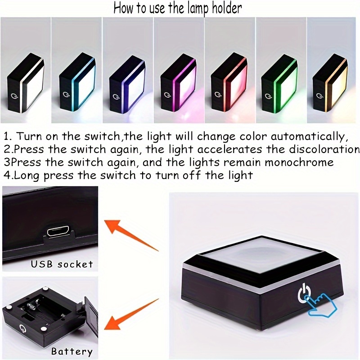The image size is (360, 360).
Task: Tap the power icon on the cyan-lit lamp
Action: [65, 94]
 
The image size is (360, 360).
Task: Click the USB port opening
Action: [58, 231]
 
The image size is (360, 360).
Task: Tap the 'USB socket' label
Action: [62, 264]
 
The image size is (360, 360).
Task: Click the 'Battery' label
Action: [72, 351]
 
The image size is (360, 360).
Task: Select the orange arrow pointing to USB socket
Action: [131, 235]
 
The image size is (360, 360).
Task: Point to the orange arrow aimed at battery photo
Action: [131, 314]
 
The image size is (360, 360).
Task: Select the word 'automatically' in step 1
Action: [308, 137]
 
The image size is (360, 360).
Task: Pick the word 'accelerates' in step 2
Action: [229, 149]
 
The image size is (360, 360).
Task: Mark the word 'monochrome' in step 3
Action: [299, 162]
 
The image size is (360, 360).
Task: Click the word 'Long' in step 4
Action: [27, 176]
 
